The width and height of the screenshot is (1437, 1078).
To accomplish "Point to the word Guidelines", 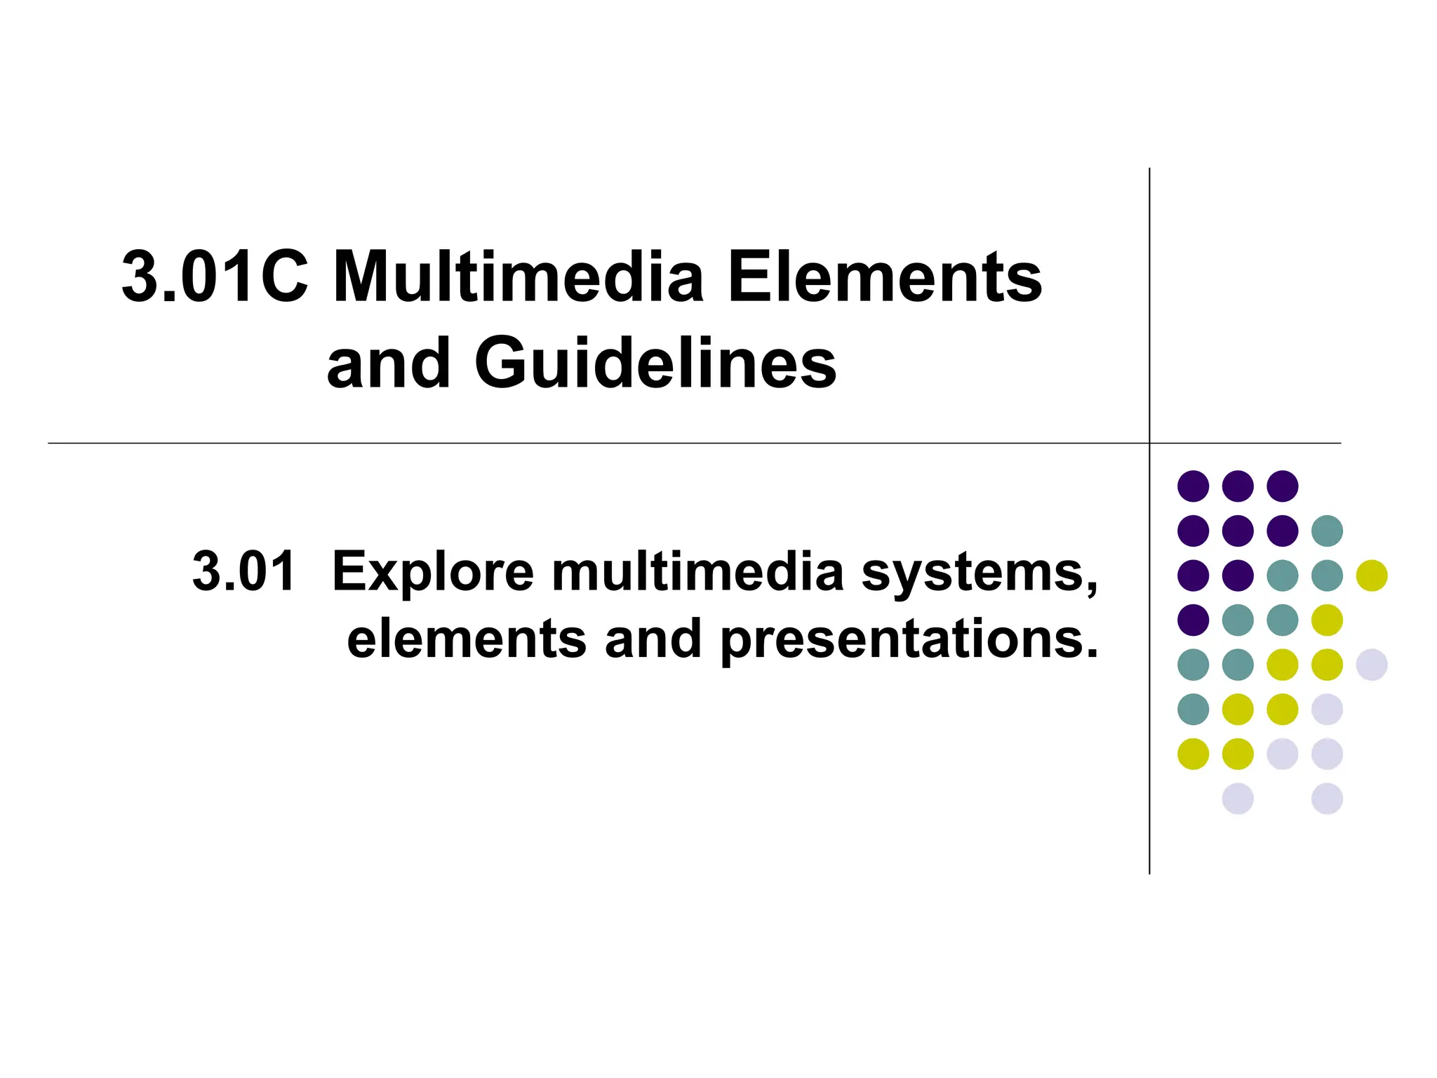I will click(655, 363).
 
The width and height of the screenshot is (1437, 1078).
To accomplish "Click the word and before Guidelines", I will click(389, 363).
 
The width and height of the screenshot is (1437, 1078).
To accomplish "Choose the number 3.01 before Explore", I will click(243, 571).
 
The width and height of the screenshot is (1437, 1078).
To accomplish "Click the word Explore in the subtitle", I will click(432, 571).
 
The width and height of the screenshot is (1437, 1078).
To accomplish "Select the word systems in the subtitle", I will click(979, 573).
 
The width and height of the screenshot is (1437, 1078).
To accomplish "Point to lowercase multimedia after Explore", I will click(697, 571).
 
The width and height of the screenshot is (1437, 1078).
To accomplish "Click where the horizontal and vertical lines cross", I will click(1149, 443).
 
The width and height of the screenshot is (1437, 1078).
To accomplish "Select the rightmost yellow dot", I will click(1372, 575).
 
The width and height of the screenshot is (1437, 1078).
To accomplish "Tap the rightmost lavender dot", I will click(1372, 665).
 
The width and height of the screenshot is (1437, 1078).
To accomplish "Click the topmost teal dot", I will click(1327, 531).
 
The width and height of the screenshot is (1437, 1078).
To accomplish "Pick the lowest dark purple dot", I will click(1193, 620).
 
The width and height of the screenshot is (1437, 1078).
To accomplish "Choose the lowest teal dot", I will click(1193, 709).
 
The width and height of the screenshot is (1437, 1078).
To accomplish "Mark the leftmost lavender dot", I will click(1238, 799).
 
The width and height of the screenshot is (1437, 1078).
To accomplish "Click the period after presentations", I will click(1091, 655).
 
